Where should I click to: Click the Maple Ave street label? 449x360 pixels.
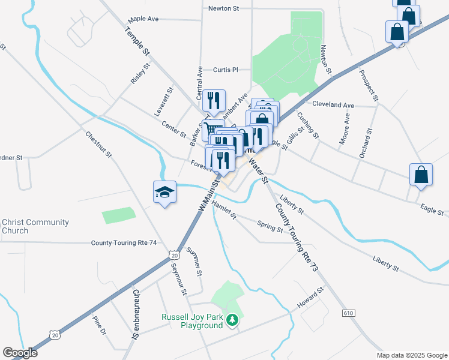tap(143, 19)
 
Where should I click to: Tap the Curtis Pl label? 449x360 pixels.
tap(226, 70)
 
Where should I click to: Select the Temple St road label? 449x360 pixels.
tap(137, 41)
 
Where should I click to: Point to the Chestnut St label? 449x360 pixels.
tap(98, 145)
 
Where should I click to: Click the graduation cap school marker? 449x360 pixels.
tap(164, 192)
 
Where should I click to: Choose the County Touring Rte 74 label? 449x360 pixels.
tap(124, 243)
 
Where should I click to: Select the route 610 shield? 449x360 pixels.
tap(348, 313)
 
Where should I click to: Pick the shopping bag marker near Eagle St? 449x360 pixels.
tap(421, 175)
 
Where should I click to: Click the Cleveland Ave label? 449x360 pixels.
tap(333, 104)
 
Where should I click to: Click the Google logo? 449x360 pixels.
tap(19, 353)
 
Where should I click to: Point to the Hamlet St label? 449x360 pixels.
tap(224, 214)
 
